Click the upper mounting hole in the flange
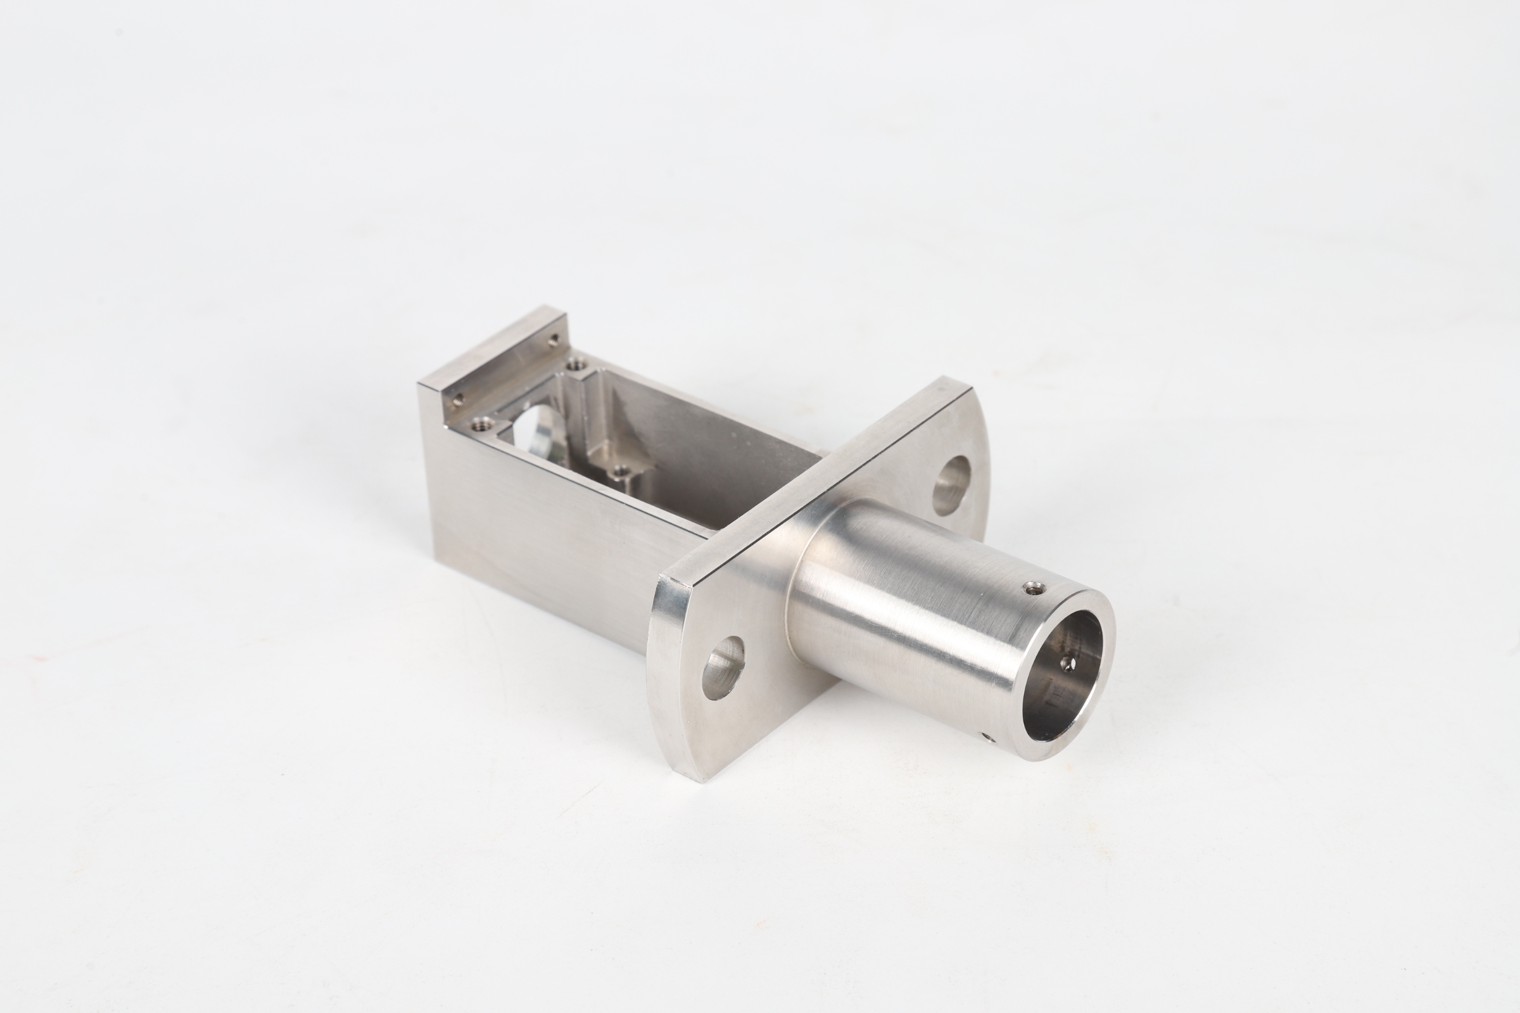coord(952,485)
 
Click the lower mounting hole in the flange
coord(724,667)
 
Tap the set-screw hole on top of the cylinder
coord(1035,589)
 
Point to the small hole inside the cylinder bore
coord(1067,664)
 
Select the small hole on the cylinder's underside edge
coord(987,736)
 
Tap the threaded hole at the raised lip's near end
coord(457,401)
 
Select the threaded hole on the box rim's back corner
coord(574,367)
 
